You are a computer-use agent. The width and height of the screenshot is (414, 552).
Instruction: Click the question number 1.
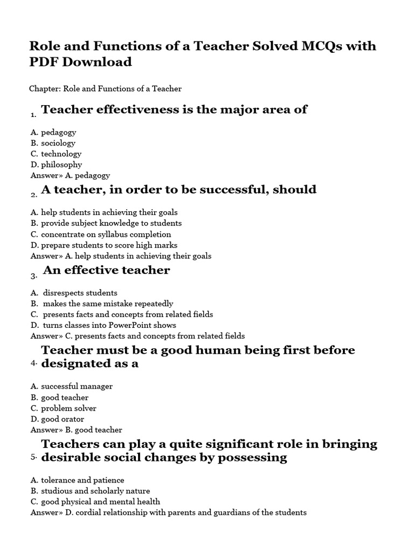pyautogui.click(x=33, y=114)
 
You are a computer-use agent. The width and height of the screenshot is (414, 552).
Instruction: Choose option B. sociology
pyautogui.click(x=53, y=143)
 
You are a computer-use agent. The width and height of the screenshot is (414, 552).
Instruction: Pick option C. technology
pyautogui.click(x=56, y=154)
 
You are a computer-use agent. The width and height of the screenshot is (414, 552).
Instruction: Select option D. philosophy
pyautogui.click(x=56, y=164)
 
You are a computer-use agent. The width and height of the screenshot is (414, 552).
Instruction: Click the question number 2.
pyautogui.click(x=33, y=195)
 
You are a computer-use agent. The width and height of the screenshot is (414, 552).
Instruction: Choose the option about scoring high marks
pyautogui.click(x=103, y=245)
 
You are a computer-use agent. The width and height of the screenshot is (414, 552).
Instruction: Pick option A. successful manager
pyautogui.click(x=71, y=387)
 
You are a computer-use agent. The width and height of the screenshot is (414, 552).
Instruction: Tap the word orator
pyautogui.click(x=73, y=419)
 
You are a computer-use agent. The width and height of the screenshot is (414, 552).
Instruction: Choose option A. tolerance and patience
pyautogui.click(x=77, y=480)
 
